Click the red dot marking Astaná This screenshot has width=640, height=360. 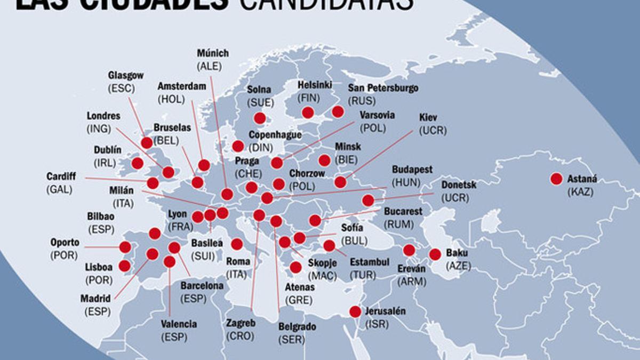[556, 179]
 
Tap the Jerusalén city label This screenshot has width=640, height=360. [385, 311]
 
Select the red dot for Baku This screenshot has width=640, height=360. [435, 254]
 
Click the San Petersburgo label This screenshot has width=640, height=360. [383, 88]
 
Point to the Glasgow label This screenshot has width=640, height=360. [125, 76]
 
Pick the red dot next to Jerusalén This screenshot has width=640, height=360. [355, 312]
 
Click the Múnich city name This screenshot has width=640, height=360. [212, 53]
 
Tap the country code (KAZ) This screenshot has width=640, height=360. [580, 192]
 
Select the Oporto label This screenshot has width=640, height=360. [65, 242]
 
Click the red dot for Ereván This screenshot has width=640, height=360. [409, 250]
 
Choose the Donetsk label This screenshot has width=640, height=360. [459, 185]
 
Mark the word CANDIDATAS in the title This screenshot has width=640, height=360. [325, 4]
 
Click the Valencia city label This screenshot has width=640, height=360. [179, 324]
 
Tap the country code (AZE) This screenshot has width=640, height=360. [458, 265]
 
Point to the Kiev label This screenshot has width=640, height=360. [428, 117]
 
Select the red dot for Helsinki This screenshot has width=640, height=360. [307, 112]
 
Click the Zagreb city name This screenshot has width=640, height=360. [241, 324]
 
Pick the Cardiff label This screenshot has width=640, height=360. [61, 176]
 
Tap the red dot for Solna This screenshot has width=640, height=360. [260, 118]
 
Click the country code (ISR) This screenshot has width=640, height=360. [377, 323]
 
